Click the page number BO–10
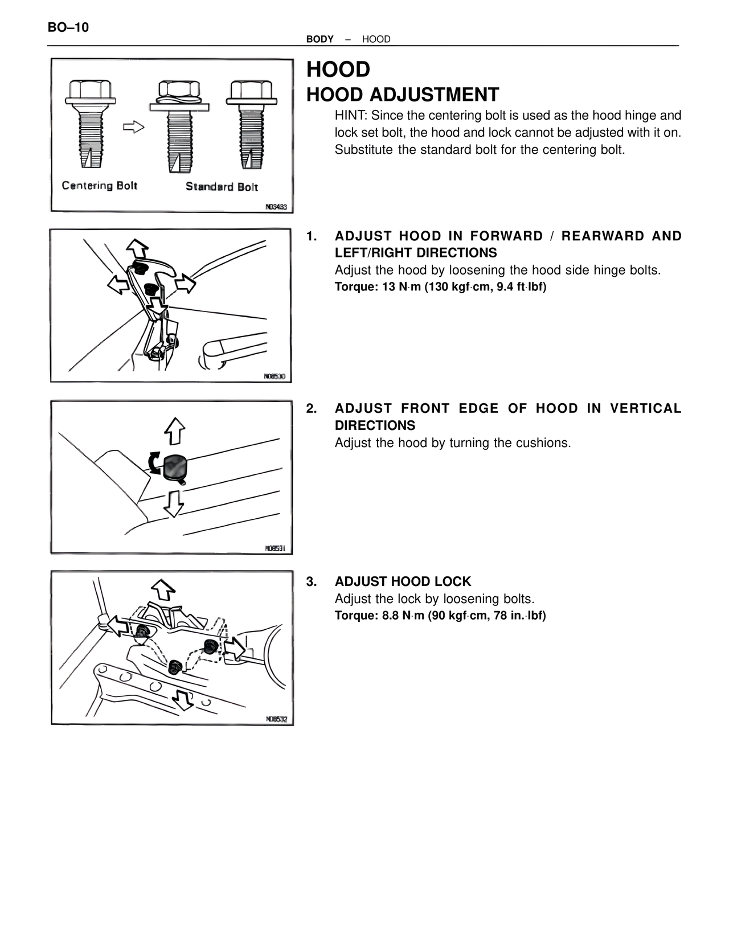[68, 27]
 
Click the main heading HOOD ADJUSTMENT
[402, 95]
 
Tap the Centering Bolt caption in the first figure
[100, 186]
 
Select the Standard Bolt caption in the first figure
[222, 187]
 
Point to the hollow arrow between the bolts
[134, 126]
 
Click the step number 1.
[312, 236]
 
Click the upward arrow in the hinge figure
[137, 248]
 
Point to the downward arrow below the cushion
[174, 503]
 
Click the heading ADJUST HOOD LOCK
[403, 581]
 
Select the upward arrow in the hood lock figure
[164, 589]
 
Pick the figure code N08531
[275, 548]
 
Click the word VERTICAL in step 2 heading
[645, 408]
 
